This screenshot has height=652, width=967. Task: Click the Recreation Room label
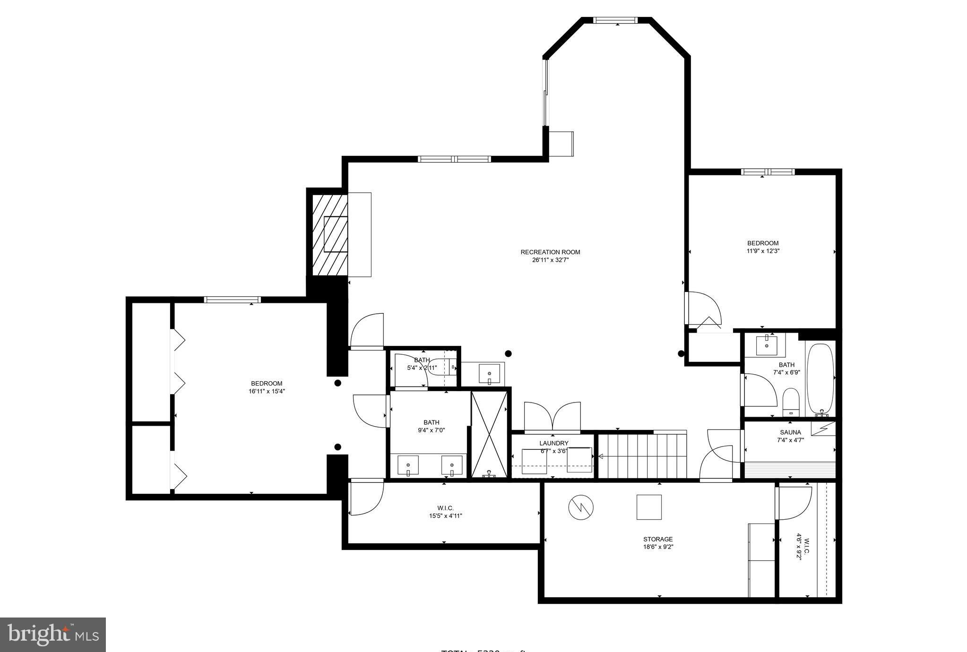(550, 252)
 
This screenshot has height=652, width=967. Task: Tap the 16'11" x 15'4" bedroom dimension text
(267, 391)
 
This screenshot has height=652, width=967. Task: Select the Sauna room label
(790, 432)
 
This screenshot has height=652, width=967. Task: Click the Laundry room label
(553, 443)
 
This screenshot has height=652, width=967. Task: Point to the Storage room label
(657, 539)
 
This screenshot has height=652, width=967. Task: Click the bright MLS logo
(53, 634)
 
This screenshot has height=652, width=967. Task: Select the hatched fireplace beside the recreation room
(330, 234)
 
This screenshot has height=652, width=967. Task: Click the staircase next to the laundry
(642, 456)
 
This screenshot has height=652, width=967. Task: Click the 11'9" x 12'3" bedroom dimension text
(762, 251)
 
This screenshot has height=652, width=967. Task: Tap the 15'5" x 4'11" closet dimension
(442, 516)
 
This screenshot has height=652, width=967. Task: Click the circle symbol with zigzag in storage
(581, 507)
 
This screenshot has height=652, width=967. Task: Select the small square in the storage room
(648, 507)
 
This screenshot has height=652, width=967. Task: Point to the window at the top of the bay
(615, 20)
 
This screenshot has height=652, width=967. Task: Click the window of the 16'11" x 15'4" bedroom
(232, 300)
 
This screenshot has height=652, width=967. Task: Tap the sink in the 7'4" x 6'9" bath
(766, 345)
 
